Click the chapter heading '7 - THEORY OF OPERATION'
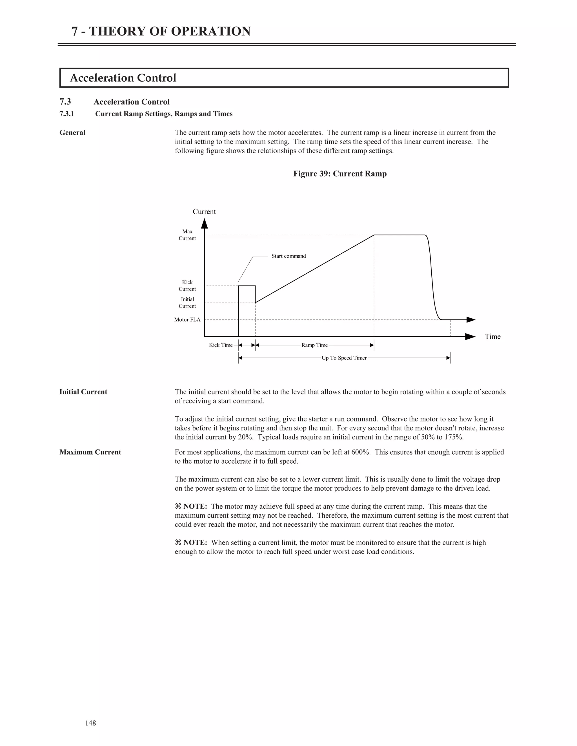tap(161, 32)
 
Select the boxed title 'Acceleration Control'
tap(123, 78)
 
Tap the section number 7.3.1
tap(67, 114)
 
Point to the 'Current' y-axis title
tap(204, 211)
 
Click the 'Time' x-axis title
tap(492, 336)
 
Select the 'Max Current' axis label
tap(187, 235)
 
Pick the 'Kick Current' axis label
tap(187, 285)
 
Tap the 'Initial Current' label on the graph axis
tap(187, 303)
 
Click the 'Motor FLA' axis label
tap(187, 320)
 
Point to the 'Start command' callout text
tap(288, 256)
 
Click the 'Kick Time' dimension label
tap(221, 345)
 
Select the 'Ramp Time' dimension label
tap(314, 345)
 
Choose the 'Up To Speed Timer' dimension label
tap(344, 358)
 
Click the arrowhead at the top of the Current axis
tap(205, 224)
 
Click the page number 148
tap(91, 723)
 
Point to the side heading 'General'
tap(72, 133)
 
